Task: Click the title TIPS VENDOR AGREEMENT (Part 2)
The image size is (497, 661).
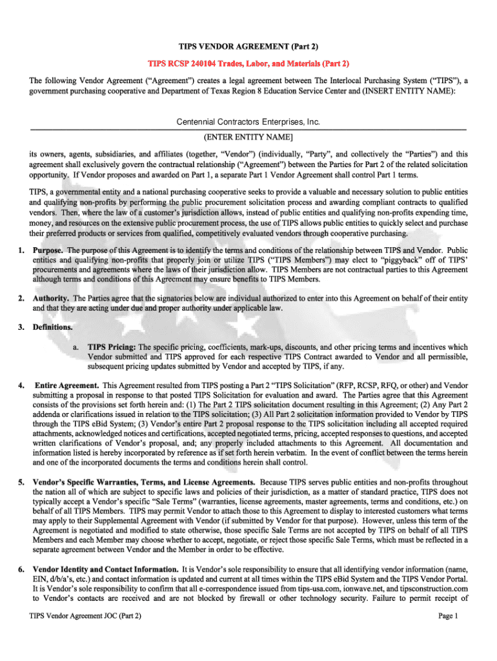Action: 249,47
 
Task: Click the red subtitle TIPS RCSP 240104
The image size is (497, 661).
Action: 249,64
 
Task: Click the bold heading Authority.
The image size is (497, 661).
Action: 52,298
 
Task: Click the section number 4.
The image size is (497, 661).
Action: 21,385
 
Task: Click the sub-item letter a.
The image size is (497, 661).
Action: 76,347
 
